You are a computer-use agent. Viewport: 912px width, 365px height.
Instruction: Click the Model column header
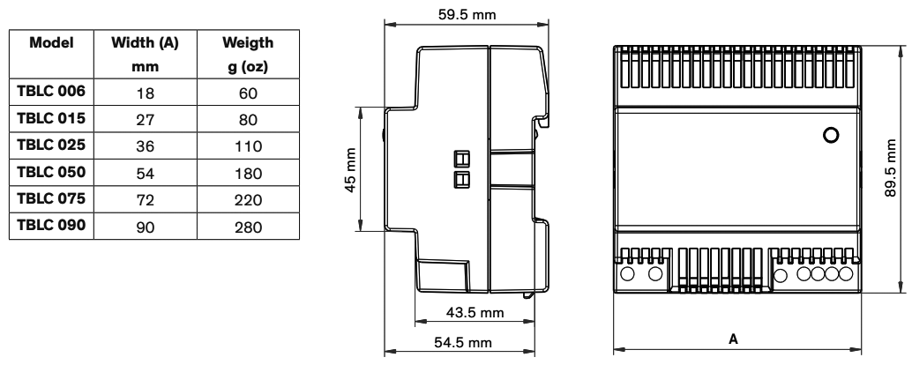click(x=51, y=42)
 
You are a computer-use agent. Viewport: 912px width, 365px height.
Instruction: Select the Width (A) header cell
click(x=145, y=54)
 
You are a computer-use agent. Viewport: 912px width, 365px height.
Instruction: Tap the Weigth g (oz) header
click(x=248, y=54)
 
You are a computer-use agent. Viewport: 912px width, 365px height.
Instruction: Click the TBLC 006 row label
click(x=51, y=92)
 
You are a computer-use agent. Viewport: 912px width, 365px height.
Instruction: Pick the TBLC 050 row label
click(x=51, y=172)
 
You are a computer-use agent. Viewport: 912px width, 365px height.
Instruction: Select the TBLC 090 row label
click(x=51, y=226)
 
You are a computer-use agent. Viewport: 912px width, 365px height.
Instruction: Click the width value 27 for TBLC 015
click(x=145, y=120)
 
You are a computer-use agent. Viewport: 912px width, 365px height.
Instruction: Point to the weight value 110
click(x=248, y=146)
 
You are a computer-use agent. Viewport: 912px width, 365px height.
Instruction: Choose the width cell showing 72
click(x=145, y=200)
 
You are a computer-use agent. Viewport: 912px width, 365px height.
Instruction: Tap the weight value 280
click(x=248, y=227)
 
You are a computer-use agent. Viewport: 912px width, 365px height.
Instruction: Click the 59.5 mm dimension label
click(x=467, y=14)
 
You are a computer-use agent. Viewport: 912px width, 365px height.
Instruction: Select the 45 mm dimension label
click(x=351, y=169)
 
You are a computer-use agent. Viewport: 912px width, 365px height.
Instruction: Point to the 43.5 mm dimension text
click(x=475, y=313)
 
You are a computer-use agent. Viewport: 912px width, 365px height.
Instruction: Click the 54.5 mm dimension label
click(x=463, y=342)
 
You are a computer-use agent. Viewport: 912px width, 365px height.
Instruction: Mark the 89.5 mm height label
click(x=891, y=168)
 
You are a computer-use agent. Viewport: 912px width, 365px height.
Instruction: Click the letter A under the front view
click(x=733, y=339)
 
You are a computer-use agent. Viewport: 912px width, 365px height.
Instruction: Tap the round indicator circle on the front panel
click(x=832, y=135)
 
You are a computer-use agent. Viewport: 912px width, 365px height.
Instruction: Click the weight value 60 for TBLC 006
click(x=248, y=93)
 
